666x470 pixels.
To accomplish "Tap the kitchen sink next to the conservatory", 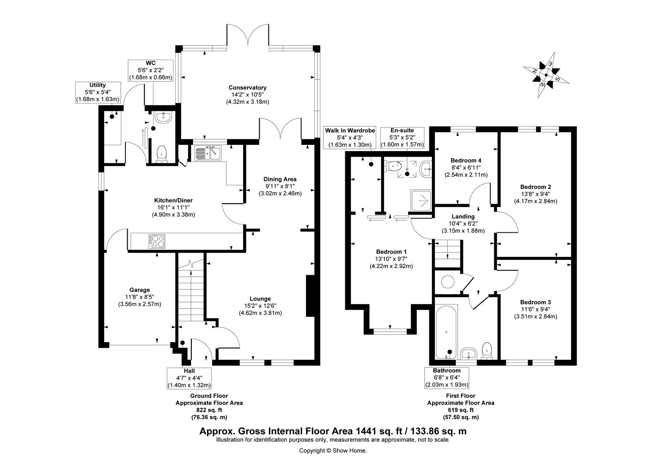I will (208, 153).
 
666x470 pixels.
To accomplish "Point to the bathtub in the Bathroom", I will (446, 331).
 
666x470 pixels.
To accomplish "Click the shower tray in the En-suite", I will (421, 201).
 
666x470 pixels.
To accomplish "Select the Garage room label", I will (139, 290).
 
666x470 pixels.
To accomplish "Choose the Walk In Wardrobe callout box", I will (347, 138).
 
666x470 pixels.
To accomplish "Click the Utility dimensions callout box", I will (98, 92).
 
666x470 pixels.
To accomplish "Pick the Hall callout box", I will (190, 378).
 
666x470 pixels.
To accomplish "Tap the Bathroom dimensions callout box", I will (447, 377).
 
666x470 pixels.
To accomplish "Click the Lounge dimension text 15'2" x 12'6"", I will (260, 305).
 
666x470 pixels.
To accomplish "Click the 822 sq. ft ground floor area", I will (209, 410).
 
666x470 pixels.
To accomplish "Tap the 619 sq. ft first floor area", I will (460, 410).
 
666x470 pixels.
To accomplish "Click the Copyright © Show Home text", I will (333, 451).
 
